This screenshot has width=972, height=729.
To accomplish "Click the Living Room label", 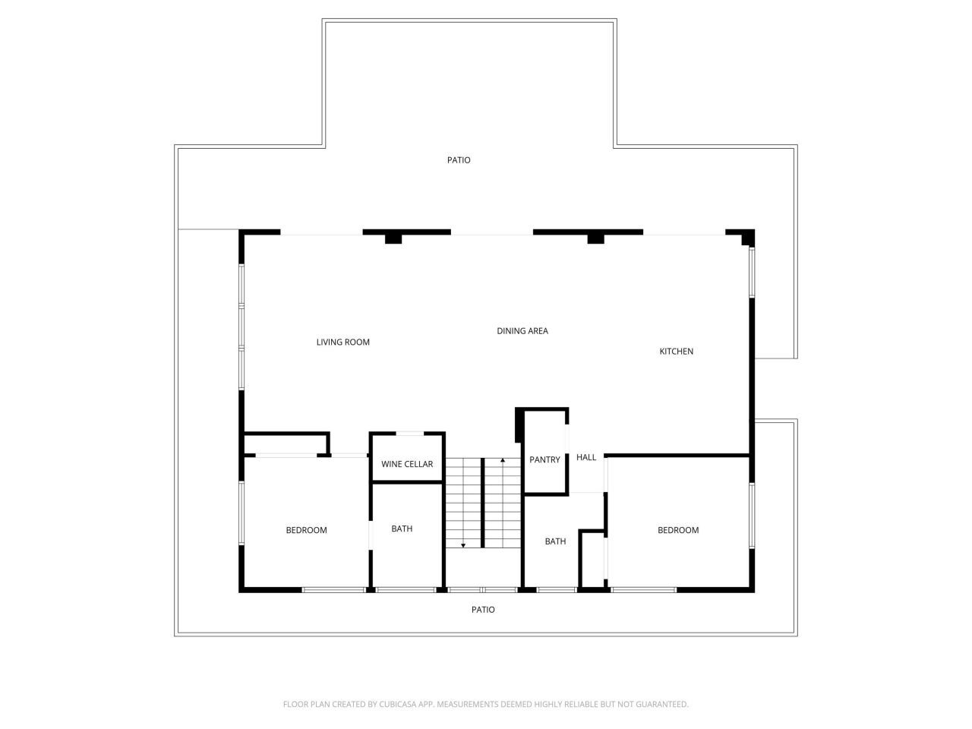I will (342, 342).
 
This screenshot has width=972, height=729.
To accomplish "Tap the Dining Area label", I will (522, 331).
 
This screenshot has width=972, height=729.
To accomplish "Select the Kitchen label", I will (676, 352).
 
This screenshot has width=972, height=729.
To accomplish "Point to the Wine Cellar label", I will (407, 465).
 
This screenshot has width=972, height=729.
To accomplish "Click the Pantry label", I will (544, 460).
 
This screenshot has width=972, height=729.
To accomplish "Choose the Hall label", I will (586, 458).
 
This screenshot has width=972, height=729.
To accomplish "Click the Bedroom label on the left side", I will (306, 530).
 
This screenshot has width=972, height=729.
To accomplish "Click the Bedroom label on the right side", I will (678, 530).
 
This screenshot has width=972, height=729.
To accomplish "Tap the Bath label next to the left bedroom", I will (402, 529).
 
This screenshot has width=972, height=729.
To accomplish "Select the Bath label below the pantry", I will (555, 541).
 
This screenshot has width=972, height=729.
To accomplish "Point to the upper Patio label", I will (459, 160).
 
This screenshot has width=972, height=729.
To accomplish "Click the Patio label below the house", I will (483, 610).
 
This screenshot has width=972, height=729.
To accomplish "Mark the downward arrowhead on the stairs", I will (463, 544).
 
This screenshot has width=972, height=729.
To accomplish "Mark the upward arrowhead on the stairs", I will (503, 461).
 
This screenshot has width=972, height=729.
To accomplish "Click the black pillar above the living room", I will (393, 238).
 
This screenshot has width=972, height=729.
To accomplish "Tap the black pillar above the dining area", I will (595, 238).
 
